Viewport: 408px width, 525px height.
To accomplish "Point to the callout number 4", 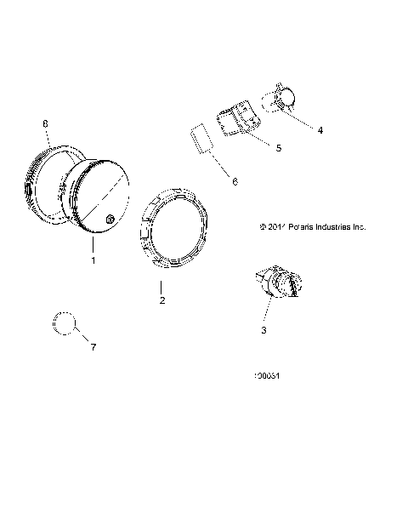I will (x=320, y=130).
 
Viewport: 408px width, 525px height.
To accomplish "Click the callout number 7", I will (x=94, y=347).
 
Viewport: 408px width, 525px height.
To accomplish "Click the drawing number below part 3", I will (x=269, y=375).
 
